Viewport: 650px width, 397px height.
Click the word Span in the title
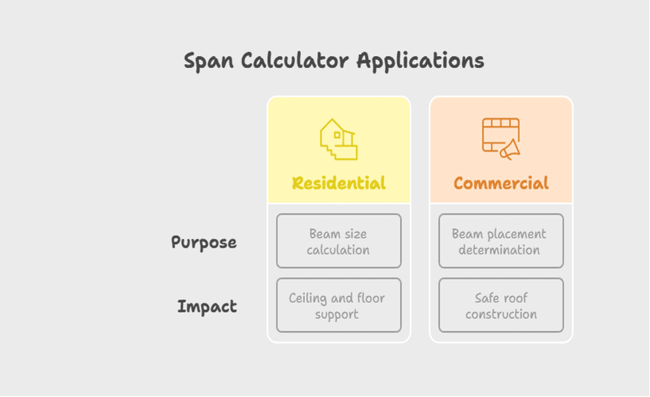[x=209, y=61]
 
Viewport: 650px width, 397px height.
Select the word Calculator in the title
[x=295, y=60]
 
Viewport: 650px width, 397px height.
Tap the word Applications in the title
[x=420, y=61]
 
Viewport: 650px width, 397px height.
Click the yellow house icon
[x=339, y=139]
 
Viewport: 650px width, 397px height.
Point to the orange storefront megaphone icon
[x=501, y=139]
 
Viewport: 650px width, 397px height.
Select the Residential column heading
[x=339, y=183]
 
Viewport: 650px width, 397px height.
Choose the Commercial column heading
[x=501, y=183]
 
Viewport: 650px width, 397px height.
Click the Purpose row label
[x=204, y=242]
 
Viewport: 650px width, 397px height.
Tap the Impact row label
[x=207, y=307]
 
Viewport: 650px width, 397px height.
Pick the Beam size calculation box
[x=339, y=241]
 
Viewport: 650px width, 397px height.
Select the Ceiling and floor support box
[x=339, y=305]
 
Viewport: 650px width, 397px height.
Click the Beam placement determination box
[x=501, y=241]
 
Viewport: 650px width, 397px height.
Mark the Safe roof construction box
[x=501, y=305]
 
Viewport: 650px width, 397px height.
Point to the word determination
[x=499, y=250]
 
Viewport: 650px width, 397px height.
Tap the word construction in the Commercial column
[x=501, y=314]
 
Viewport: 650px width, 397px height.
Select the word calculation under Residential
[x=338, y=250]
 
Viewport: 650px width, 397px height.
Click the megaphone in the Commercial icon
[x=510, y=149]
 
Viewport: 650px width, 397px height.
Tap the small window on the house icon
[x=337, y=135]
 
